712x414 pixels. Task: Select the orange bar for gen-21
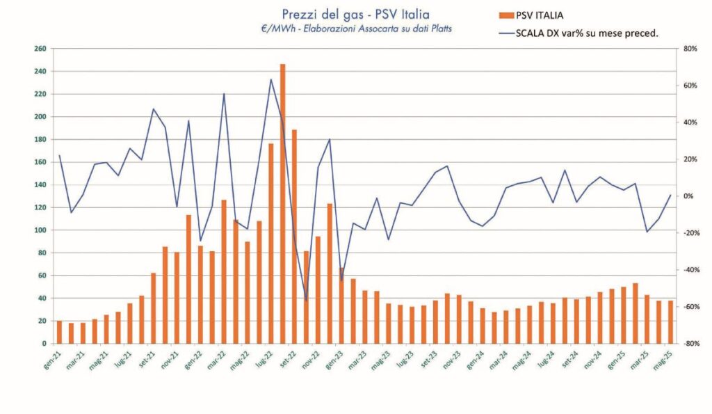click(x=59, y=332)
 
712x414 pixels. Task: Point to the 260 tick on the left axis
click(x=40, y=49)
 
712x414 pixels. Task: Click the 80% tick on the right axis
click(x=690, y=49)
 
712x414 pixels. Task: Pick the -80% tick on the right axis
click(x=689, y=344)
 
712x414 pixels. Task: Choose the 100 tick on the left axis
click(x=40, y=230)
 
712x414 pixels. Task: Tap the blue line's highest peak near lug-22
click(x=270, y=79)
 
